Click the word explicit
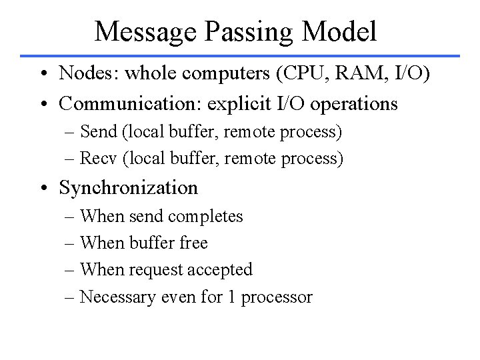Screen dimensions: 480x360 click(225, 104)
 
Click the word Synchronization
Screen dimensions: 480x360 click(129, 188)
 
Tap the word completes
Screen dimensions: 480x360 click(207, 217)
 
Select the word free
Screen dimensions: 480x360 click(194, 243)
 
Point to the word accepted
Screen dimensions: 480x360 click(220, 270)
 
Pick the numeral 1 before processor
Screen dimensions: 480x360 click(231, 297)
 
